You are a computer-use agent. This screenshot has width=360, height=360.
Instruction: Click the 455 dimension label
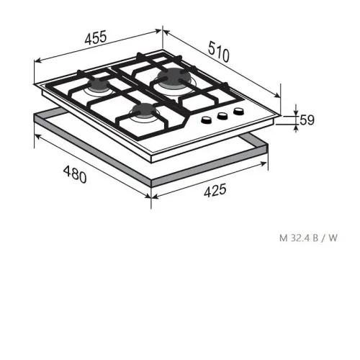pyautogui.click(x=95, y=37)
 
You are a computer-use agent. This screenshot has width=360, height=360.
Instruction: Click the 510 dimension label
pyautogui.click(x=219, y=52)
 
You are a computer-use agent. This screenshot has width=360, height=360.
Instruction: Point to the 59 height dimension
pyautogui.click(x=307, y=120)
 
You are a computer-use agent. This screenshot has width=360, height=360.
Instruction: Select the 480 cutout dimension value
pyautogui.click(x=75, y=174)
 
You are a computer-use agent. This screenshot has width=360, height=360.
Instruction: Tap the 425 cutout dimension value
pyautogui.click(x=215, y=190)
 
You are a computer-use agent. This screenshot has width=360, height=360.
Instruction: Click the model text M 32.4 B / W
pyautogui.click(x=308, y=238)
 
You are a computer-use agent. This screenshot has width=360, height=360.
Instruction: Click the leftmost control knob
pyautogui.click(x=207, y=120)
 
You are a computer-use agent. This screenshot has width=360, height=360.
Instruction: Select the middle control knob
pyautogui.click(x=222, y=116)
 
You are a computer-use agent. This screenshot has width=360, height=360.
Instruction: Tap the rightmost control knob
pyautogui.click(x=239, y=112)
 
